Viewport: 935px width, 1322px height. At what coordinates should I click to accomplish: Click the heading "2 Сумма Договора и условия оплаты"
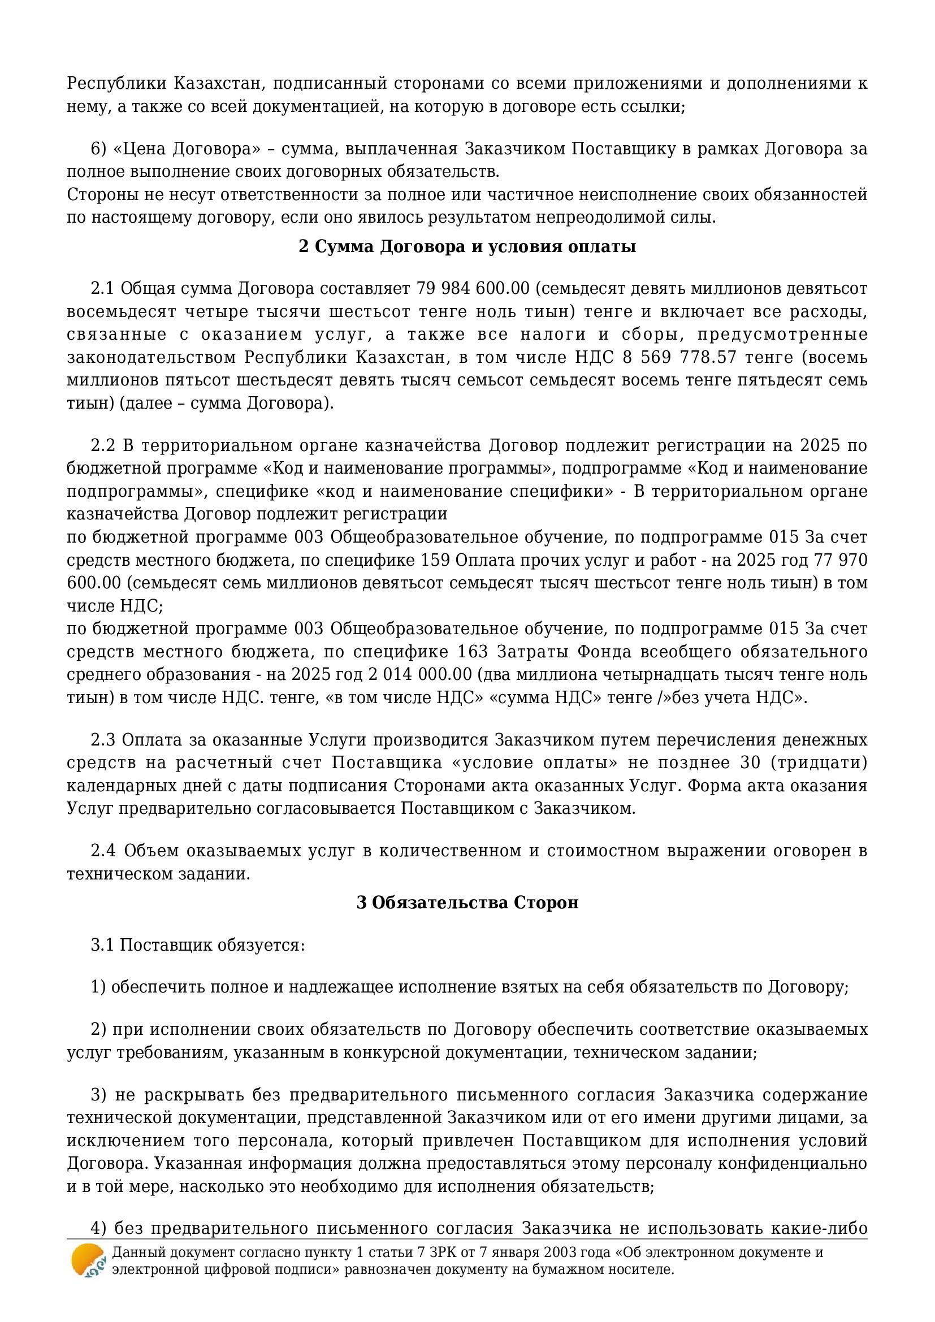coord(467,246)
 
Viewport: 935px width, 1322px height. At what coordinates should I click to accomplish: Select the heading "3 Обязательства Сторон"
coord(467,902)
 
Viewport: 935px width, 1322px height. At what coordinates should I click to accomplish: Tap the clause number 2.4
coord(103,851)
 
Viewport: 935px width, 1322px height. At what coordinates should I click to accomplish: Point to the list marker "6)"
coord(99,149)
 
